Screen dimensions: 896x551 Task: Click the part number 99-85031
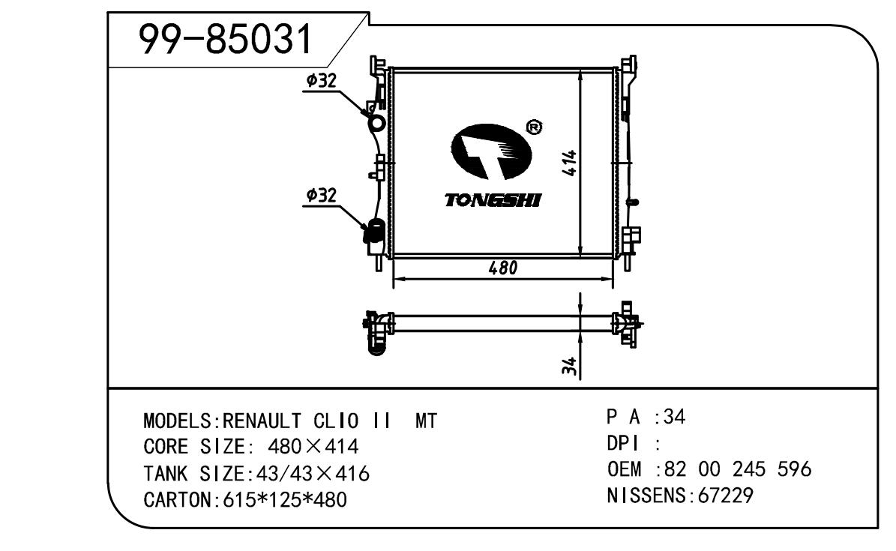click(x=226, y=39)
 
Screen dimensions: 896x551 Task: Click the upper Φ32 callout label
click(x=321, y=81)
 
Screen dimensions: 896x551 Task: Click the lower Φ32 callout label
click(x=321, y=196)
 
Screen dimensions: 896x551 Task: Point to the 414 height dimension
click(x=570, y=163)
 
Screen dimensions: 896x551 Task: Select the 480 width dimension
click(x=503, y=268)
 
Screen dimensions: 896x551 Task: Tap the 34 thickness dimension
click(x=569, y=367)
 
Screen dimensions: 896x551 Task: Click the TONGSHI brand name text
click(x=493, y=200)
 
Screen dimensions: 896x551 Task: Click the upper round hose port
click(x=377, y=122)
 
